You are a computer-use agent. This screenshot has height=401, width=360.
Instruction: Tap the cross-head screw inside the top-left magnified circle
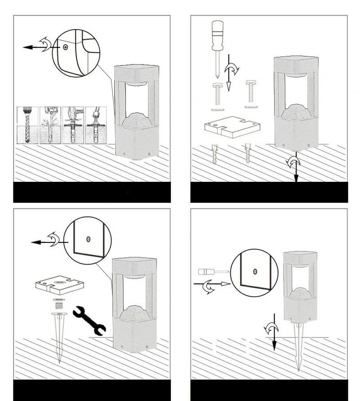coord(66,46)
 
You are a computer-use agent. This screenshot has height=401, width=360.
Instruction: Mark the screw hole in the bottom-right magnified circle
coord(255,271)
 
